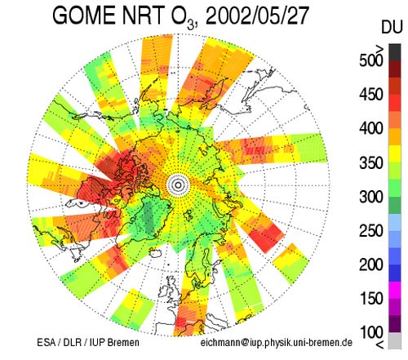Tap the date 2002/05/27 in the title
(257, 16)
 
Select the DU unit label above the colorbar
(392, 27)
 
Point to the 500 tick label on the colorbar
(371, 60)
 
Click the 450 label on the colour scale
(371, 95)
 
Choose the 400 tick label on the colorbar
(371, 128)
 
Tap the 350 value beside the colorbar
(371, 162)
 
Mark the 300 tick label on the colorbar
(371, 197)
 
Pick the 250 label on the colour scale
(371, 231)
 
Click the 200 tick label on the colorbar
(371, 264)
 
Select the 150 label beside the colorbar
(371, 299)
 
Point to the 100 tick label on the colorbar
(371, 332)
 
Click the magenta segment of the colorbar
(395, 290)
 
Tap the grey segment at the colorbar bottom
(395, 340)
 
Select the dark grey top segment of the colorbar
(395, 52)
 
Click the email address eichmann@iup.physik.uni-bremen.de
(277, 342)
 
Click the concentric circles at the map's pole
(178, 185)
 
